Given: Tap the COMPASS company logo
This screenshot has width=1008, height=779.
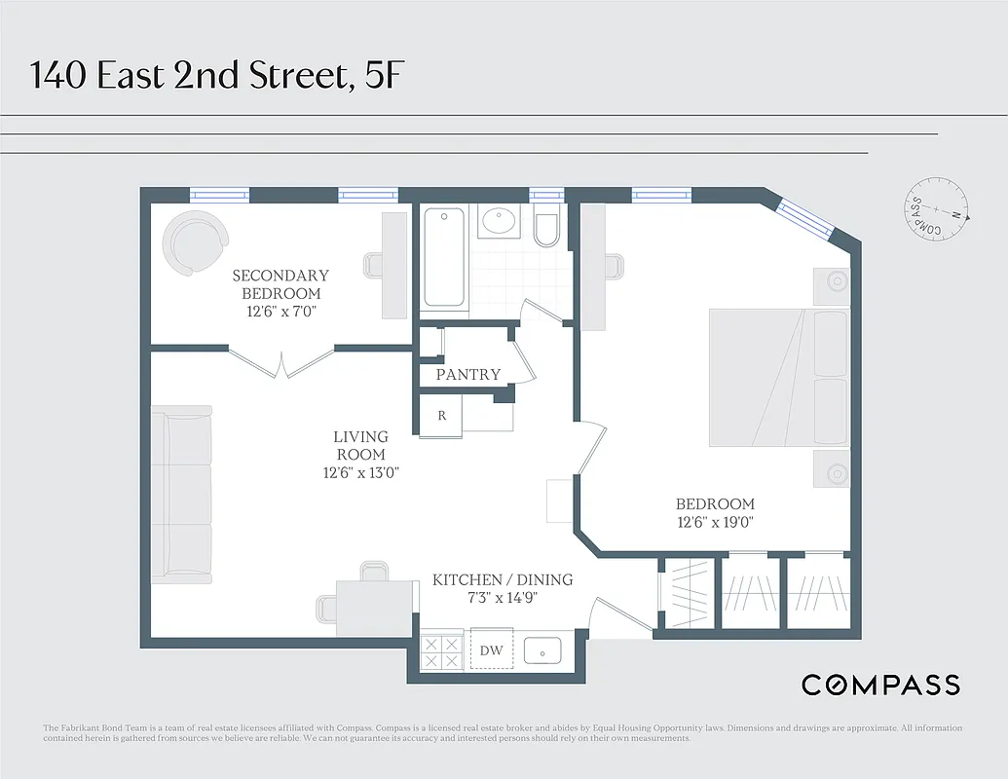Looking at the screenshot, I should tap(880, 685).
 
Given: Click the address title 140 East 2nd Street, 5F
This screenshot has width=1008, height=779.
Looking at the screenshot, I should tap(215, 74).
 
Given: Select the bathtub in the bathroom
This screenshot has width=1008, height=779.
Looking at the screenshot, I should tap(444, 258).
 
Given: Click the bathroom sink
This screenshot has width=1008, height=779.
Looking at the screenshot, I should tap(500, 222).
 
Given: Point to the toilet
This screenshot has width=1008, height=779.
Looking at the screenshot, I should tap(546, 227).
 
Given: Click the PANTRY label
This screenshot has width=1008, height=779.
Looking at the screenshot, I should tap(467, 374).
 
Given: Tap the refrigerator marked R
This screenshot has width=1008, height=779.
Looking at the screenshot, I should tap(441, 415).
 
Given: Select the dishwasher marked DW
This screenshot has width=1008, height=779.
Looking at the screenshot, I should tap(491, 650).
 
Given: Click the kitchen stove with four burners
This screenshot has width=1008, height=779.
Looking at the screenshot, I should tap(441, 650).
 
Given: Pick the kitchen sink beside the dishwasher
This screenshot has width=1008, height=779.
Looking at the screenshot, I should tap(541, 650).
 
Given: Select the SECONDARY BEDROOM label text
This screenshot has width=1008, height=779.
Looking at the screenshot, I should tap(280, 284).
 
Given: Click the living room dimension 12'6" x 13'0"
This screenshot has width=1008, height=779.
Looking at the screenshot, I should tap(360, 472).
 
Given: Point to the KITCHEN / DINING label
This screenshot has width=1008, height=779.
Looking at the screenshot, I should tap(503, 579).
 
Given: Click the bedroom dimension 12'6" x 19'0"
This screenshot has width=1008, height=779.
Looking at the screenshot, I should tap(715, 522).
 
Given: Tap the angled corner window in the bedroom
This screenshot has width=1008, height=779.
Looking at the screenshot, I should tap(807, 220).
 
